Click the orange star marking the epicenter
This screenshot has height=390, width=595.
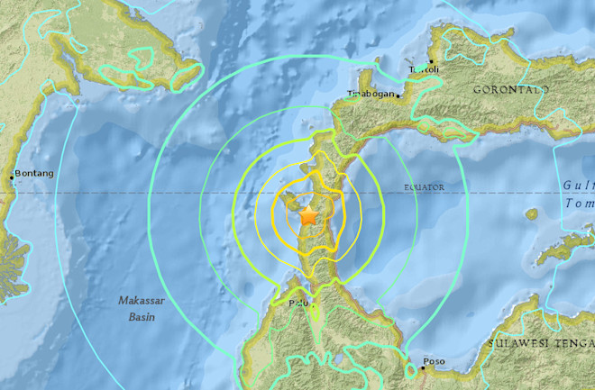click(307, 216)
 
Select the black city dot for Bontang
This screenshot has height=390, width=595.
click(12, 177)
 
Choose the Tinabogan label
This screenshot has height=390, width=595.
click(372, 94)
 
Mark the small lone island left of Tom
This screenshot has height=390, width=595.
click(532, 214)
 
